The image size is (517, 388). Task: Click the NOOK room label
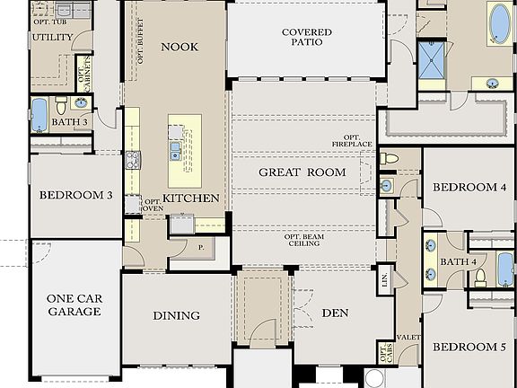[x=179, y=47]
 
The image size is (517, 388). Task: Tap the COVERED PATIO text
[x=306, y=38]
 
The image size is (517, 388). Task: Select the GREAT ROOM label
[x=302, y=172]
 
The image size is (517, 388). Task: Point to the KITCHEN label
[x=190, y=198]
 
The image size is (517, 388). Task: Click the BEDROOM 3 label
[x=74, y=194]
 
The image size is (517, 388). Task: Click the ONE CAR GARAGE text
[x=74, y=305]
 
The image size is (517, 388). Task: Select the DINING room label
[x=176, y=316]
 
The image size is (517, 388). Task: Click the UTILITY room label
[x=52, y=38]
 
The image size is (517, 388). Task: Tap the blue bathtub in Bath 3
[x=39, y=115]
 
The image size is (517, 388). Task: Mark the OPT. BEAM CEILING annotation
[x=305, y=242]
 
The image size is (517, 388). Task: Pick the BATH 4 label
[x=459, y=261]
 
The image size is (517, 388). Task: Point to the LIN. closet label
[x=383, y=278]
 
